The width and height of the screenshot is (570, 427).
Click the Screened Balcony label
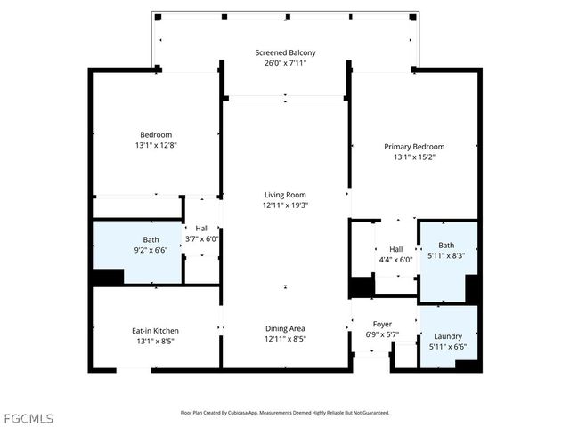(x=285, y=52)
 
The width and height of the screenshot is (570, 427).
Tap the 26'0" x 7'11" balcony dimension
(x=285, y=63)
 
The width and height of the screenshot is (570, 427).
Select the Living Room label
(x=285, y=195)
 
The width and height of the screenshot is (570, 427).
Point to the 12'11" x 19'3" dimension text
(x=285, y=205)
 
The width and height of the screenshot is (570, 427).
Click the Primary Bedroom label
(x=414, y=147)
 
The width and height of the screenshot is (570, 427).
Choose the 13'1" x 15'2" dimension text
(x=414, y=157)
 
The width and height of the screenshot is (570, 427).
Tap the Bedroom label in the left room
(x=156, y=134)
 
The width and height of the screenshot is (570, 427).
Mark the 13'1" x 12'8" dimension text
(x=156, y=145)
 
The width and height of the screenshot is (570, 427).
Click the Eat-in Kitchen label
(x=156, y=331)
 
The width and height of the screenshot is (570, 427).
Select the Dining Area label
(x=285, y=328)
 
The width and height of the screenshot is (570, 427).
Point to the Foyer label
(x=383, y=325)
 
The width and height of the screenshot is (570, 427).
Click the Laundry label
(x=447, y=336)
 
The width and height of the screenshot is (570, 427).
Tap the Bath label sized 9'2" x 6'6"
(x=151, y=239)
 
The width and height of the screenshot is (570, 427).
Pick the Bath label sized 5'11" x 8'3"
(x=446, y=245)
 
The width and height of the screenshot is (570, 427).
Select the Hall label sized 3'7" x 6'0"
(x=202, y=229)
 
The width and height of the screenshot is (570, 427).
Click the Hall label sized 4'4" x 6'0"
(x=395, y=249)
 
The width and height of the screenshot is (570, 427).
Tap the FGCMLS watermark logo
(x=29, y=416)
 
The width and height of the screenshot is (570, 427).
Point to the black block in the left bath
(x=108, y=276)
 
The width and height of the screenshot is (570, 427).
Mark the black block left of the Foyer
(x=361, y=287)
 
